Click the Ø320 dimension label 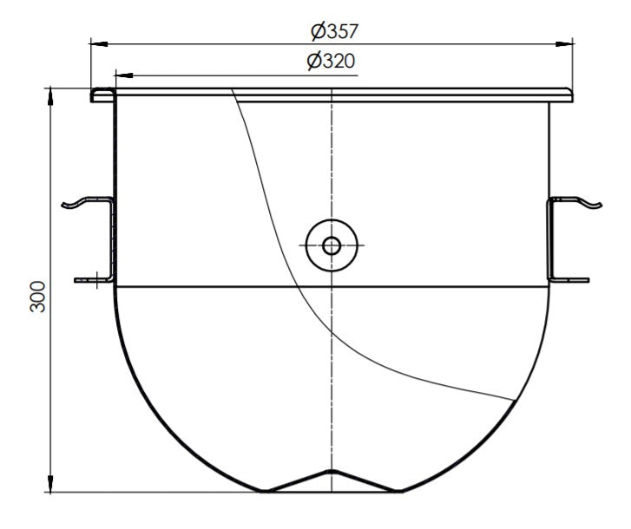(x=331, y=62)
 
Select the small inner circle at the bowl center (x=332, y=245)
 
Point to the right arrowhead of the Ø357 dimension (x=568, y=42)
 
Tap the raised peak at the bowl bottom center (x=330, y=472)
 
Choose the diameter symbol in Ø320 (x=315, y=62)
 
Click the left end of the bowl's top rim (x=94, y=95)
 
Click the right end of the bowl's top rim (x=571, y=95)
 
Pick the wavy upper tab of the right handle (x=587, y=203)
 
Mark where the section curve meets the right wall (x=512, y=399)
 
